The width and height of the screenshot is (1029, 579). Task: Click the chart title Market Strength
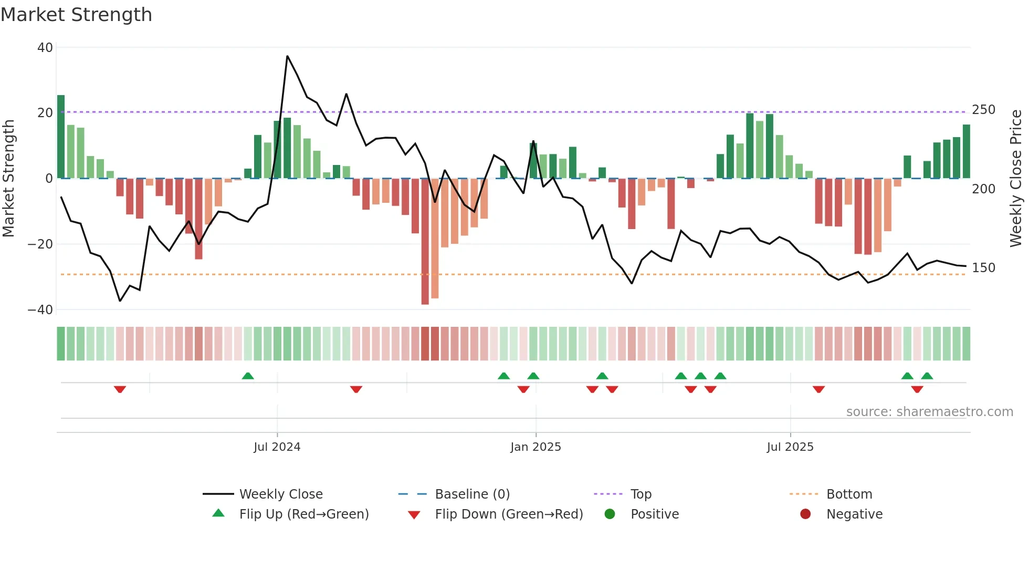point(76,14)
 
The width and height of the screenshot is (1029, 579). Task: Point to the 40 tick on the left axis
point(45,47)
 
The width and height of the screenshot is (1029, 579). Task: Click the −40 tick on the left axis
point(40,309)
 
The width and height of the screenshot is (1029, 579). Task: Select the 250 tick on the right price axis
point(983,110)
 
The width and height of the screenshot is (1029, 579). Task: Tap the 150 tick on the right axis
point(983,267)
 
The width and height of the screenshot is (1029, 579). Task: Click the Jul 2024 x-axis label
point(277,447)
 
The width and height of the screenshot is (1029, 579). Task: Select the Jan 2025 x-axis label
point(535,447)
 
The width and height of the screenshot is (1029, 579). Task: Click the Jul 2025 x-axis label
point(790,447)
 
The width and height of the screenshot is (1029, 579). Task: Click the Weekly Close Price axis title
point(1016,178)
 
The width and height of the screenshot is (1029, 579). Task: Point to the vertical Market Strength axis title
point(8,178)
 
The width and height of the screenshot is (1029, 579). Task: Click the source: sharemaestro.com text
point(929,411)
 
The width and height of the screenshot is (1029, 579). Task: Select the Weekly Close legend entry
point(281,494)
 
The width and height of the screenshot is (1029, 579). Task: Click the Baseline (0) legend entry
point(472,494)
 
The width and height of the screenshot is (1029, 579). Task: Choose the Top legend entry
point(640,494)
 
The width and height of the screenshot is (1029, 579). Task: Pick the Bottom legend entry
point(849,494)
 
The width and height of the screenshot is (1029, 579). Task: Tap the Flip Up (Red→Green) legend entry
point(303,514)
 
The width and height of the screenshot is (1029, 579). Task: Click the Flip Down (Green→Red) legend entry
point(509,514)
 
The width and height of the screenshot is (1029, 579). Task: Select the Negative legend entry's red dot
point(805,514)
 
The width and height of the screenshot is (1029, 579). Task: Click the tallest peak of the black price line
point(287,56)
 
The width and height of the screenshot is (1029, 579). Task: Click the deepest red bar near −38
point(425,242)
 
